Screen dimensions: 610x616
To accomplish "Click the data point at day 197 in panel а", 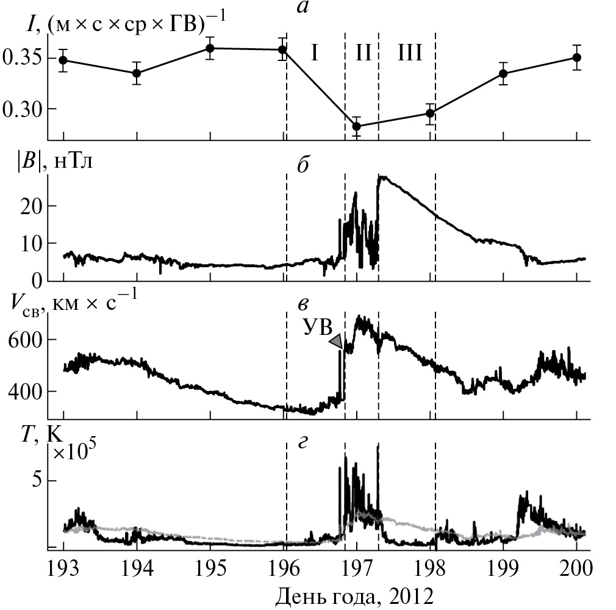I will [x=357, y=126].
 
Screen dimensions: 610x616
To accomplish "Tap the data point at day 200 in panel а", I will [x=576, y=57].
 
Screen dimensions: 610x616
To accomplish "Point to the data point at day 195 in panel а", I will [x=210, y=48].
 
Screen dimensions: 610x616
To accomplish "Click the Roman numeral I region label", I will [x=314, y=54].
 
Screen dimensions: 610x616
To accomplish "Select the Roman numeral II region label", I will [x=363, y=54].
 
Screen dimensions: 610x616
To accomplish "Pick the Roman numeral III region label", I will [x=409, y=54].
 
